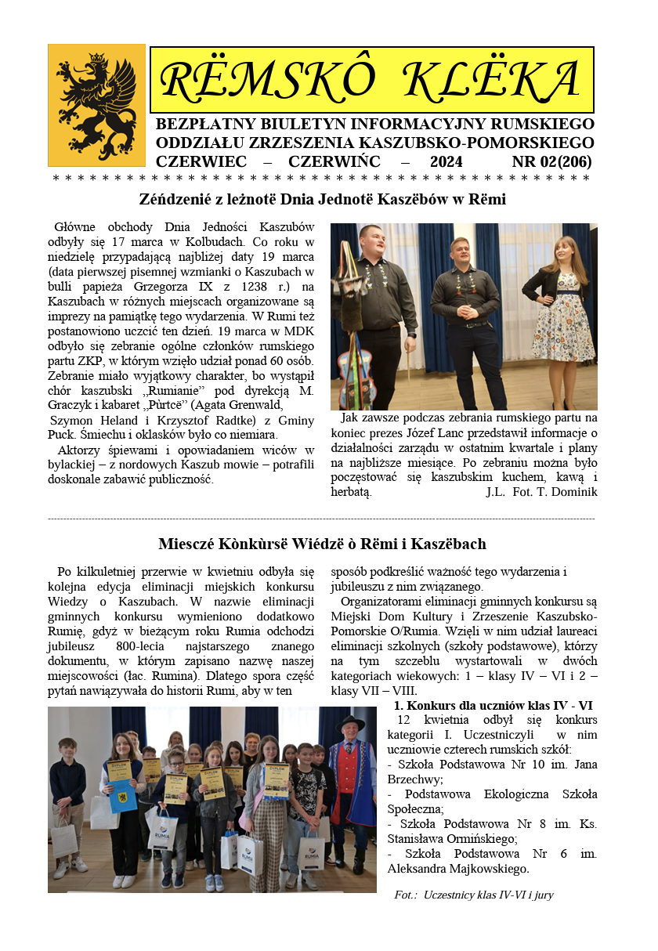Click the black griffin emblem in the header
tap(96, 104)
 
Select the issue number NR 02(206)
tap(551, 162)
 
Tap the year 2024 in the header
tap(446, 162)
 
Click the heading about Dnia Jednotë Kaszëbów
tap(322, 200)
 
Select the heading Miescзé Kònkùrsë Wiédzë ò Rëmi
tap(322, 544)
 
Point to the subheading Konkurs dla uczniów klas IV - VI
tap(493, 706)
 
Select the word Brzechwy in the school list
tap(415, 779)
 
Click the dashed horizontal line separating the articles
tap(321, 519)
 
